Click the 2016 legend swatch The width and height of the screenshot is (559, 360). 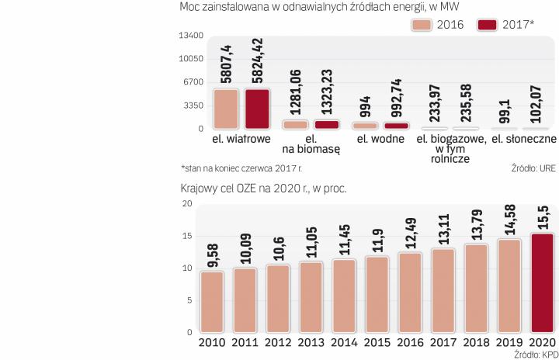[422, 24]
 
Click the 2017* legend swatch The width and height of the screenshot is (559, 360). [488, 24]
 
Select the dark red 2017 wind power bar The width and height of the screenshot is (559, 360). [257, 109]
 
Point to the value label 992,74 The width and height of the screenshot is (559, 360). [396, 98]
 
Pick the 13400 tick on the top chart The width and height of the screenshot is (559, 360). [190, 36]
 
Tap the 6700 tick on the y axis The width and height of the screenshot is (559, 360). [193, 82]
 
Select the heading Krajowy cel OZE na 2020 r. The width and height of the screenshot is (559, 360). [262, 188]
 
